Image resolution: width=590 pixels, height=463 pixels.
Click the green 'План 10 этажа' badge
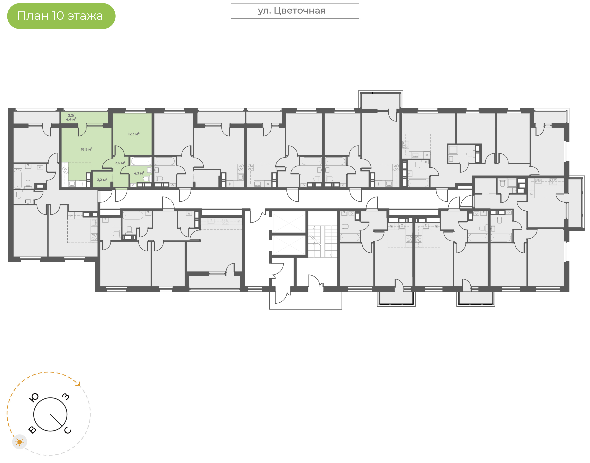(61, 16)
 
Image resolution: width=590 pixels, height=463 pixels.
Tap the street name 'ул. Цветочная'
(292, 11)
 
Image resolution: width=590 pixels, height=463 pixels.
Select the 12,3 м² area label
(134, 134)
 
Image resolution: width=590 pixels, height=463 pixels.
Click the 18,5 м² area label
(87, 149)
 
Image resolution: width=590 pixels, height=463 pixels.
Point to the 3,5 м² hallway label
(120, 163)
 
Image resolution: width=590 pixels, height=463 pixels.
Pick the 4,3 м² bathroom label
(139, 173)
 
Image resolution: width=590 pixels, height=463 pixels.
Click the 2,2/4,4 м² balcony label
(71, 117)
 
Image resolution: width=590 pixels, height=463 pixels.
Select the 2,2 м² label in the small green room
(102, 180)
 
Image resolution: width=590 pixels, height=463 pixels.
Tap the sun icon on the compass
(19, 442)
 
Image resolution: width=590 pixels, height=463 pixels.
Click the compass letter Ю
(34, 398)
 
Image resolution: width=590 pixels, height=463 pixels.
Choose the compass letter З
(66, 397)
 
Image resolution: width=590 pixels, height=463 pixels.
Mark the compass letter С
(67, 430)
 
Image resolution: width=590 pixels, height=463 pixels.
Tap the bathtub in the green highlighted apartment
(141, 161)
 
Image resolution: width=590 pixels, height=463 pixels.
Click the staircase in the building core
(322, 241)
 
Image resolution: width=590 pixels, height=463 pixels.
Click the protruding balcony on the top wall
(380, 100)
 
